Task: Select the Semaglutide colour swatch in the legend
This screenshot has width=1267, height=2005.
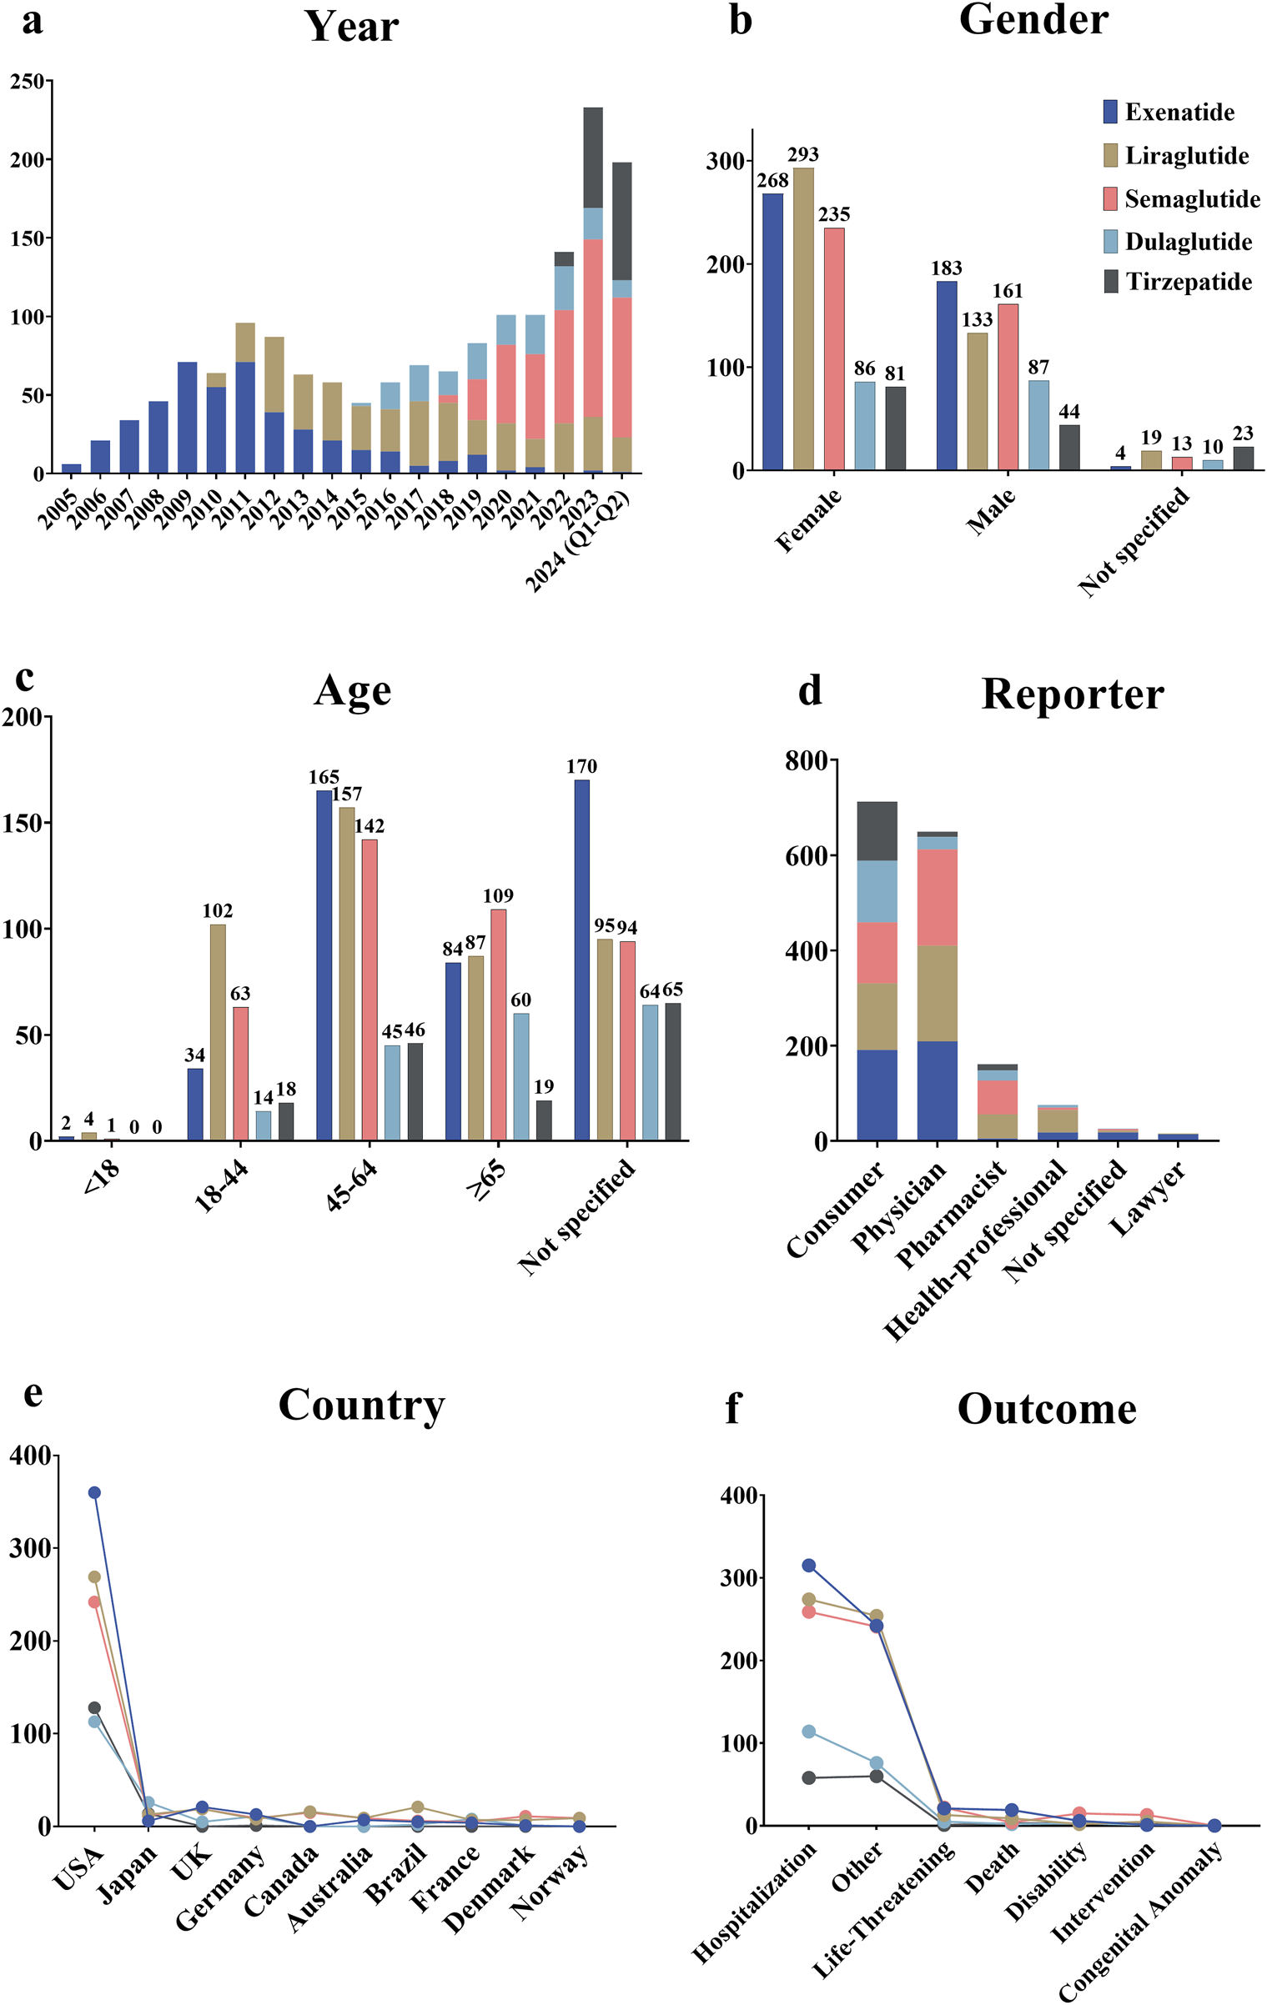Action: tap(1110, 199)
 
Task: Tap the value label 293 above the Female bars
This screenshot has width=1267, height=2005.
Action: tap(802, 155)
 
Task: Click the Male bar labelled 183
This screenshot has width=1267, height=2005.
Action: tap(946, 375)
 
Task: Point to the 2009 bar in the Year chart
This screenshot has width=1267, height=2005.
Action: tap(187, 417)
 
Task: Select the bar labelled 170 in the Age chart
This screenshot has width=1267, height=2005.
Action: tap(581, 959)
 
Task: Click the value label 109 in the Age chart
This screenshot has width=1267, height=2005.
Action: tap(498, 895)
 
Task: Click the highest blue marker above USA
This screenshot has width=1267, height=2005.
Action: tap(94, 1492)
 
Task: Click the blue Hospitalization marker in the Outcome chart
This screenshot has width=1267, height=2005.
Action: tap(808, 1566)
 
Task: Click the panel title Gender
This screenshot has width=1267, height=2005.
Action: tap(1033, 20)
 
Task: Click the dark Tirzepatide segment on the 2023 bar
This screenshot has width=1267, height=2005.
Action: tap(593, 157)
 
